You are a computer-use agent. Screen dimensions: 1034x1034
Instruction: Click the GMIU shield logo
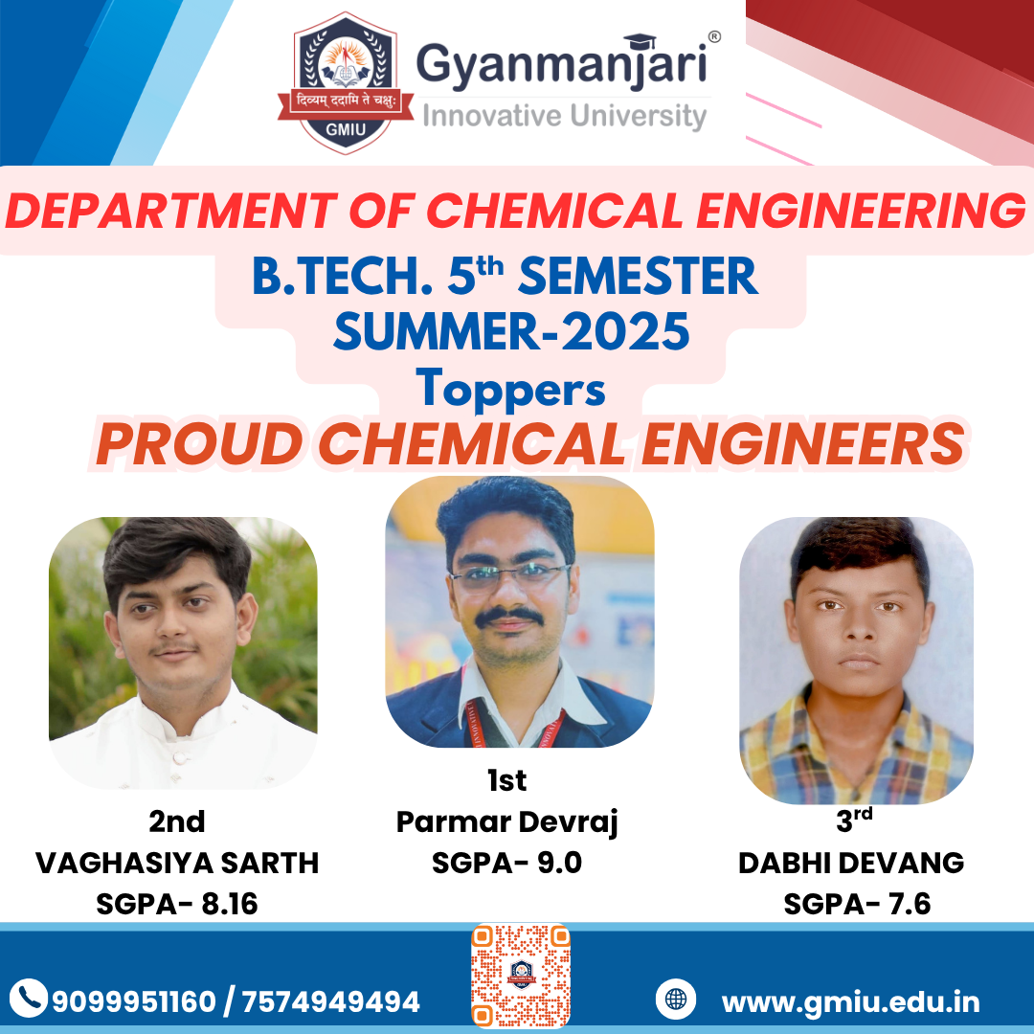(346, 83)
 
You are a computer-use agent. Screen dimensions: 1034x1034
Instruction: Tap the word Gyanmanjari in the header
(561, 65)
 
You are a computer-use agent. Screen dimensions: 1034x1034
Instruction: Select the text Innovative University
(565, 116)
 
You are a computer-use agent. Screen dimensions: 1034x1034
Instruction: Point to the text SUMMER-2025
(511, 331)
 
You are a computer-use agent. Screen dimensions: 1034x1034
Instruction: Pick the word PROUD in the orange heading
(198, 444)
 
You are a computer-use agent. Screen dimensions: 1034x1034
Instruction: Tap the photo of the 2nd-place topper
(183, 653)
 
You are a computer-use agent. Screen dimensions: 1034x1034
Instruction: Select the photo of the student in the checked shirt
(856, 660)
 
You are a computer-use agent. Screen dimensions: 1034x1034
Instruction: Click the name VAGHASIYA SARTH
(177, 864)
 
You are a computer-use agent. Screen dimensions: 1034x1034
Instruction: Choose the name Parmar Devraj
(506, 823)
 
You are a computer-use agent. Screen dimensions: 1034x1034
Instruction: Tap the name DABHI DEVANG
(851, 864)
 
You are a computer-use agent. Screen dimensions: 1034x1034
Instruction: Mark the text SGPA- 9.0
(506, 864)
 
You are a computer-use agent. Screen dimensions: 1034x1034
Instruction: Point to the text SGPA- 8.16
(177, 904)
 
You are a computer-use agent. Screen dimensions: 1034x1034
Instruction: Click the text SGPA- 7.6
(857, 904)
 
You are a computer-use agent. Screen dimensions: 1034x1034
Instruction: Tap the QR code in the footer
(520, 976)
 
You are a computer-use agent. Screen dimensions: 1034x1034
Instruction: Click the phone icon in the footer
(29, 998)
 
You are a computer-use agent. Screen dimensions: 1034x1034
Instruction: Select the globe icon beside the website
(675, 999)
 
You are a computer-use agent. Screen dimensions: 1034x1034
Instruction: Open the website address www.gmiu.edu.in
(851, 1002)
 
